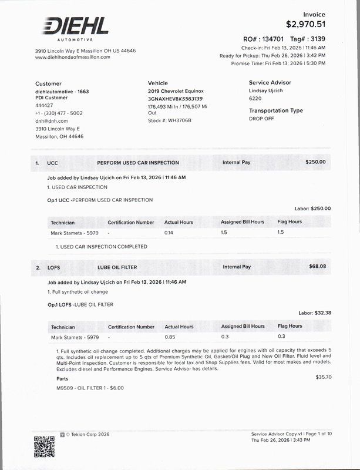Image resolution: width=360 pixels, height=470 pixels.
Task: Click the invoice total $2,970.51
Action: (x=305, y=24)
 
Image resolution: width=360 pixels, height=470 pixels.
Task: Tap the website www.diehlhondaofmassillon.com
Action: (x=73, y=57)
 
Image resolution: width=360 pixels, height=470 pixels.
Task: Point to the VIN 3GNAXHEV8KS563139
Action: (x=176, y=99)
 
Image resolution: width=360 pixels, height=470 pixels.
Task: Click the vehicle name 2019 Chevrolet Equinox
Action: (x=176, y=92)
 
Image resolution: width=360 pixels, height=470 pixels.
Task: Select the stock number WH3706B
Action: (x=180, y=120)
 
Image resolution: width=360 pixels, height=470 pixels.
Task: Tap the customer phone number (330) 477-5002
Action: (x=59, y=113)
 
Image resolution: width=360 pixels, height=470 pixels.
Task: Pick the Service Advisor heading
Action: (x=270, y=83)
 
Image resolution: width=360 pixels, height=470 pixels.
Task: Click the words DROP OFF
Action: (x=262, y=118)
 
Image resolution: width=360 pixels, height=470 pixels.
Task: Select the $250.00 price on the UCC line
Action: (x=315, y=162)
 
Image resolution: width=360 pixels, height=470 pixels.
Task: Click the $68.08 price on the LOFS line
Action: (x=317, y=266)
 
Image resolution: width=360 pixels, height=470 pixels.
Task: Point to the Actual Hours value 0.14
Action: (x=169, y=233)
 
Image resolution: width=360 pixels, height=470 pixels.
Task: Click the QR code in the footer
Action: (x=43, y=446)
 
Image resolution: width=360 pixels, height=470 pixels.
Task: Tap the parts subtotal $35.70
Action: (x=324, y=377)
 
